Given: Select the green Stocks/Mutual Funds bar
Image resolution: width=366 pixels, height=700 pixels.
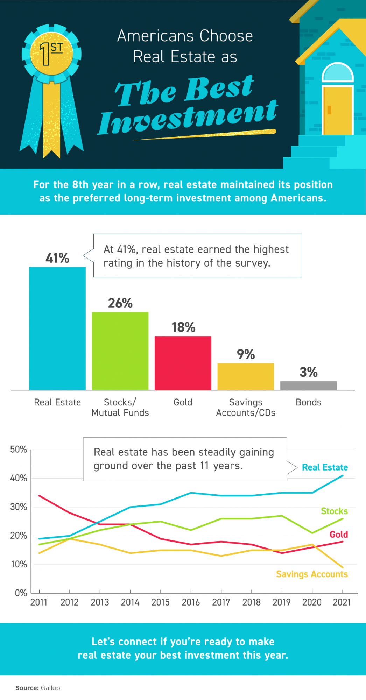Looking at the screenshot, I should click(120, 351).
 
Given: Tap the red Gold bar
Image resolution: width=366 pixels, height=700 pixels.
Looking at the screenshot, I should click(183, 363).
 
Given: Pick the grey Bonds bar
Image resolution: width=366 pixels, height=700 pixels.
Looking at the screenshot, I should click(308, 386).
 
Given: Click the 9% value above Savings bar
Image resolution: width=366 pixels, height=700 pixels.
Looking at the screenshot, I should click(246, 354).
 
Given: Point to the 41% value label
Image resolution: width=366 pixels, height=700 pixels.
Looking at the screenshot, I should click(57, 258).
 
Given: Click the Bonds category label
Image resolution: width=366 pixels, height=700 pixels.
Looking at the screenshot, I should click(308, 402).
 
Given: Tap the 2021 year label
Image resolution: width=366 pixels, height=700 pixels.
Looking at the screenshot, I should click(342, 602).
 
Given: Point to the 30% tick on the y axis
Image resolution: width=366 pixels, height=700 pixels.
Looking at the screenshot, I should click(19, 507).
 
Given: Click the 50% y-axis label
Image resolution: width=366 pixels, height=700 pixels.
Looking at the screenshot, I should click(19, 449).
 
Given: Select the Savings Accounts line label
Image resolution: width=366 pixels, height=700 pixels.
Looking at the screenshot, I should click(312, 574).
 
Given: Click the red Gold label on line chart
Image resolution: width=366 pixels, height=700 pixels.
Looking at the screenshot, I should click(338, 534).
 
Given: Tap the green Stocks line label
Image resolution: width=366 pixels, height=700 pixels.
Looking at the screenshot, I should click(334, 511).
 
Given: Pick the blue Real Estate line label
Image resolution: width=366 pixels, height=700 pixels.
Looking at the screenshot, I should click(325, 467).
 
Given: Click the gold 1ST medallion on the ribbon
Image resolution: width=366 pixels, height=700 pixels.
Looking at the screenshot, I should click(51, 54).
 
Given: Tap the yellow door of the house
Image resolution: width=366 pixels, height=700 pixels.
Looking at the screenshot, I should click(337, 110).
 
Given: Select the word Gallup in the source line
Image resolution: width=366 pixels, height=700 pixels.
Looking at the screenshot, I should click(50, 688).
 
